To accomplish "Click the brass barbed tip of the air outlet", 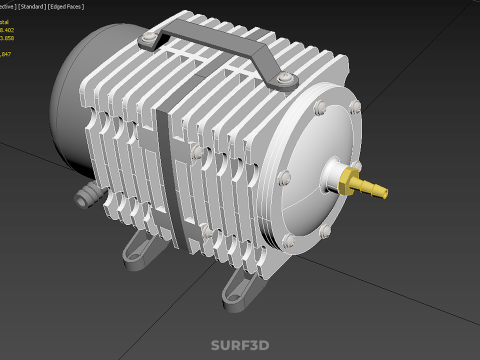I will [375, 189].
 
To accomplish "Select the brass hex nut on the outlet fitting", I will [349, 180].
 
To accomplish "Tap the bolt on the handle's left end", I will [149, 38].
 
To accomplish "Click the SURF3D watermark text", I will [239, 345].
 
